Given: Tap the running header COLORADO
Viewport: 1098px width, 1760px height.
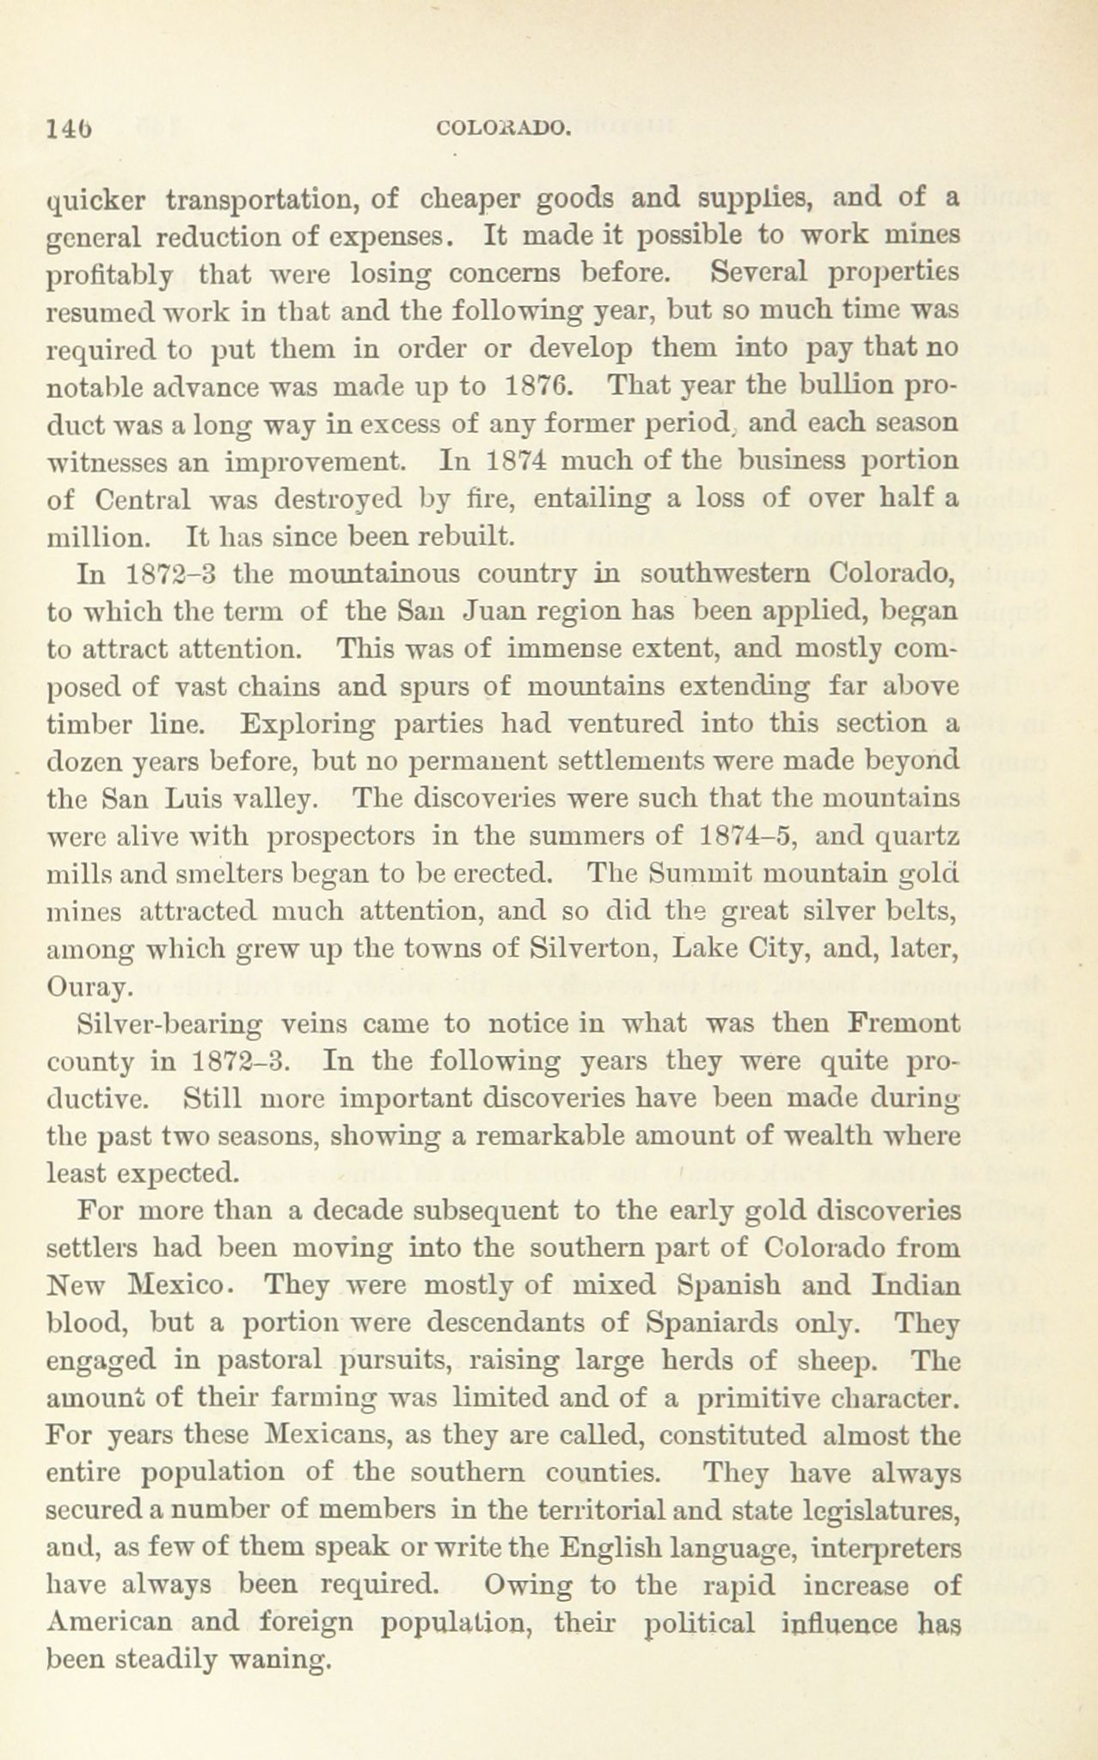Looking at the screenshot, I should (503, 129).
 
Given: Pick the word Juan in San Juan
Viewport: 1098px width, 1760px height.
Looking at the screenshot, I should (492, 611).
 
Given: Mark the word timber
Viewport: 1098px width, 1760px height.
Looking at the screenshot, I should (90, 724).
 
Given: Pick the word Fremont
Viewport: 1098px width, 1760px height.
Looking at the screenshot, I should (903, 1024).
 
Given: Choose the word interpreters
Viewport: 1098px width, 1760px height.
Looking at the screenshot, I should (892, 1548).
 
